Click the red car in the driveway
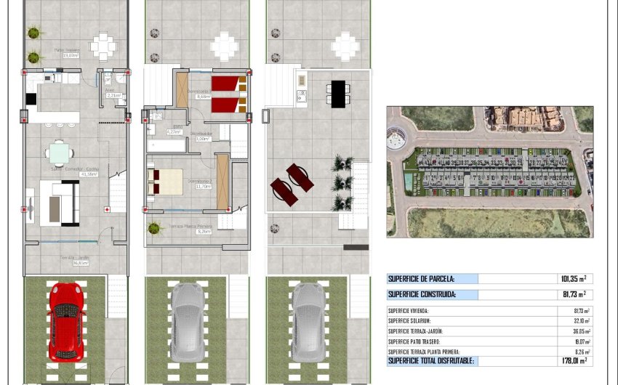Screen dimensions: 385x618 point(67,320)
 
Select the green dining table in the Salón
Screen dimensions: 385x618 point(60,153)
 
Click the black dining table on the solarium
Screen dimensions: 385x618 point(338,94)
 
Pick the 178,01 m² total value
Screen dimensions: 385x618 point(571,360)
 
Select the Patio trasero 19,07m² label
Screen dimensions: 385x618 point(66,52)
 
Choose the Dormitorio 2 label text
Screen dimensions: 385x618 point(199,182)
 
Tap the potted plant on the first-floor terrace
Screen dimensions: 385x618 point(153,229)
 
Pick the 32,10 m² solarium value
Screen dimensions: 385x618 point(581,320)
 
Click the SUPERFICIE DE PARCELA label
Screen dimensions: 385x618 point(422,278)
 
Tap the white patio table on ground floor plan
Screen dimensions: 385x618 point(103,46)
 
